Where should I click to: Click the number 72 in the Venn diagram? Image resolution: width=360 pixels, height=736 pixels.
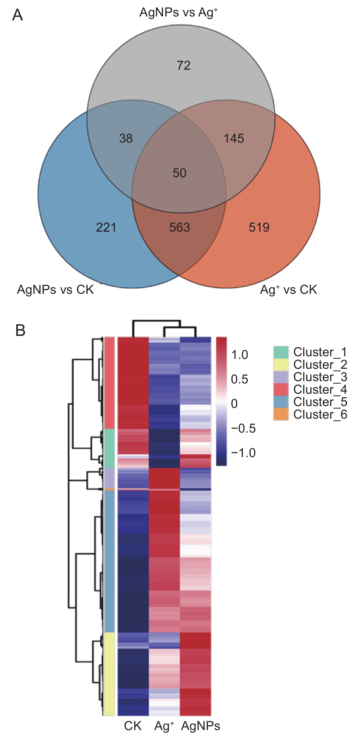coord(183,66)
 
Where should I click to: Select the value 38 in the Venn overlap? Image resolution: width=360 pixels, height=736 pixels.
coord(126,139)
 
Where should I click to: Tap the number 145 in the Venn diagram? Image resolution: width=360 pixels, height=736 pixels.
coord(234,139)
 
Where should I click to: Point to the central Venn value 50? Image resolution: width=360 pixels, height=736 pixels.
coord(179,173)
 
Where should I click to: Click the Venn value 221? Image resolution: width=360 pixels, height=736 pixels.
coord(106,227)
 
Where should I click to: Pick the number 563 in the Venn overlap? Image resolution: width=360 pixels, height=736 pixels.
coord(179,227)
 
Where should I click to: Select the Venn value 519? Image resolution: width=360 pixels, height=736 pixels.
coord(259,227)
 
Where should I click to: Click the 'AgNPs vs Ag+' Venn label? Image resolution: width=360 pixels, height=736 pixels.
coord(179,13)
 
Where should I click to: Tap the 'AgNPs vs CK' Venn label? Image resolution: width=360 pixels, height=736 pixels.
coord(55,290)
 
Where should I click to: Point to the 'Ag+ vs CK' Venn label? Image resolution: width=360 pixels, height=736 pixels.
coord(288,290)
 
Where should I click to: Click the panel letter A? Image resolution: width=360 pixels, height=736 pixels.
coord(17,15)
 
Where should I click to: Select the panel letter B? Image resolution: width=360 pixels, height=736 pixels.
coord(20,330)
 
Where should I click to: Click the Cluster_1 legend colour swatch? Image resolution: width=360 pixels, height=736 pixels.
coord(281,352)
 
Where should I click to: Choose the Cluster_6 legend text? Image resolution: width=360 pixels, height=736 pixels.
coord(320,415)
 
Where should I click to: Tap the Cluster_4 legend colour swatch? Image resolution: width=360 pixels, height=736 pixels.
coord(281,390)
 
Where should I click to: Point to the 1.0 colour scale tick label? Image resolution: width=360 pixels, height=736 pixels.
coord(240,355)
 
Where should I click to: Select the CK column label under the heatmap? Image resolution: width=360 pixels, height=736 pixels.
coord(133,726)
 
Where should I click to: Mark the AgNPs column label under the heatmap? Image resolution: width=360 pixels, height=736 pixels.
coord(201,726)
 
